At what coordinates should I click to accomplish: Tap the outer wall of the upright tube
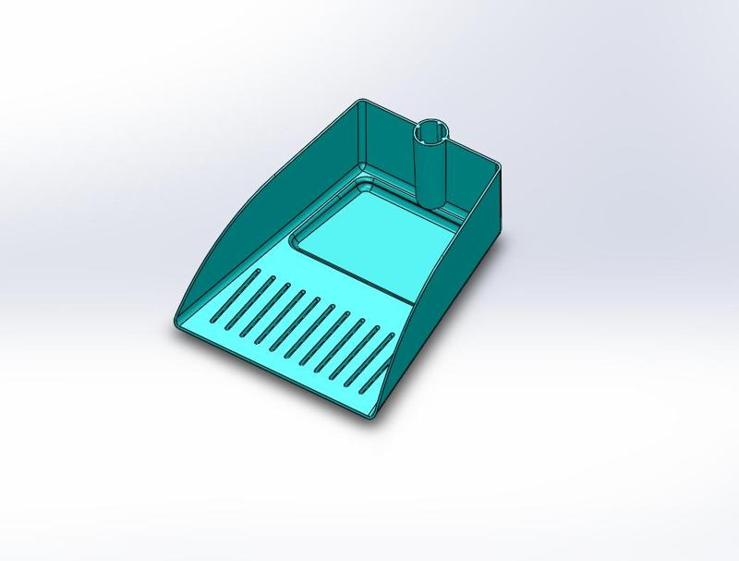pyautogui.click(x=430, y=171)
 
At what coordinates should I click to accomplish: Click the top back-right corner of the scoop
pyautogui.click(x=499, y=167)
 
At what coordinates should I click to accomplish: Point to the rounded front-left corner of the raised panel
pyautogui.click(x=297, y=243)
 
